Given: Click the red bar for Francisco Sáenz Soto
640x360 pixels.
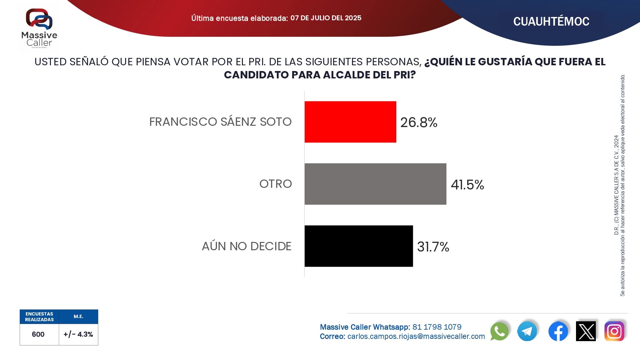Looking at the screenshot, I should pos(350,122).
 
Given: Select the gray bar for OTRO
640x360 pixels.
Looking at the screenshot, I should pos(375,184).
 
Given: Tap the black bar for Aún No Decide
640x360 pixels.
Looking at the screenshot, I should pos(358,246).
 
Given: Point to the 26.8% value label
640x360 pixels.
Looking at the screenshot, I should pos(419,122).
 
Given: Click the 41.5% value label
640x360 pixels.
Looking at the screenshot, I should pos(467,185).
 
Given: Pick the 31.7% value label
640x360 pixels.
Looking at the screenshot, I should pos(433,247).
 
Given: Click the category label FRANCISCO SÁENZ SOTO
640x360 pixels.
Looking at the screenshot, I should pos(220,122).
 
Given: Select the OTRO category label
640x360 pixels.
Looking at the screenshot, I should pos(276,184).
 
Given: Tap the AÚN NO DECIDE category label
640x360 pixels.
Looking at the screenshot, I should pos(247,246).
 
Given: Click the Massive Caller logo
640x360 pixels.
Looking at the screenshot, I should pos(39,28).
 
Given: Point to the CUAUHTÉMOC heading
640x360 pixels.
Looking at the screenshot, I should pos(551,21).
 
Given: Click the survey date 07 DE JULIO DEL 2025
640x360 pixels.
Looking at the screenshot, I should pos(326,18).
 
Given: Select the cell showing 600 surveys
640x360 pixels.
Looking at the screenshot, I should pos(38,334).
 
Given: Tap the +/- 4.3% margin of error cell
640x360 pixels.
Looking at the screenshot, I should pos(78,334).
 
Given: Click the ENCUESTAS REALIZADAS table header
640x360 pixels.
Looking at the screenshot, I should pos(39,316).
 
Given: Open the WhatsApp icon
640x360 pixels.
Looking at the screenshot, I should pos(499,331).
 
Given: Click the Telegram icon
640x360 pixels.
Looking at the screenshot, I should pos(527,331).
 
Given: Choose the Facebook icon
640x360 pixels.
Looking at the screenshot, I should pos(558,331).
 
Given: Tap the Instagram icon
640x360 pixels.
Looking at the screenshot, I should pos(614,331).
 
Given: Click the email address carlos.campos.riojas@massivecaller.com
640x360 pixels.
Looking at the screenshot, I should pos(416,336).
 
